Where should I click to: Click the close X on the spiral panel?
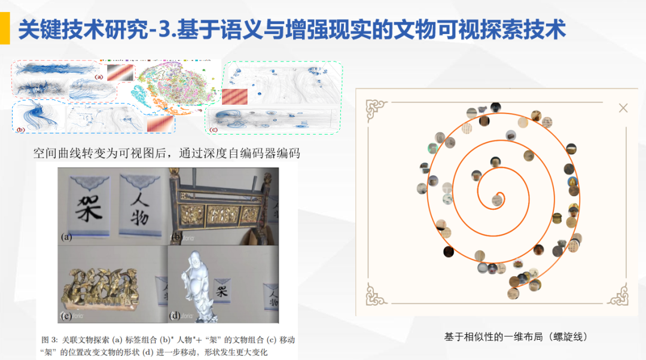click(x=623, y=108)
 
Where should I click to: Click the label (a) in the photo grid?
click(x=66, y=237)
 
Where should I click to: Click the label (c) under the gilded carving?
click(x=66, y=315)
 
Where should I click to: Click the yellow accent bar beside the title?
click(x=4, y=29)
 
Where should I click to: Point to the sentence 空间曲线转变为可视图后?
click(x=102, y=153)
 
